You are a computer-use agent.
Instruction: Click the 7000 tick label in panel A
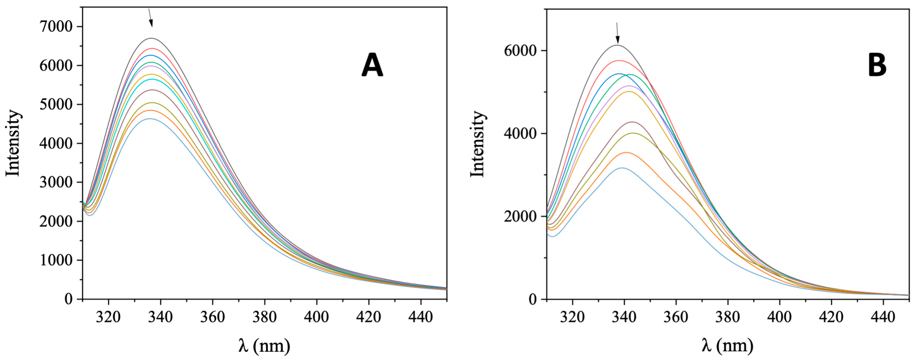(56, 27)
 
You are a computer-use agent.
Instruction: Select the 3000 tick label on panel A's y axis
(56, 182)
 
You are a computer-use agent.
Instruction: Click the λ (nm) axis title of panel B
(727, 345)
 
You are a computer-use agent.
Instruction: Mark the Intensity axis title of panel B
(477, 144)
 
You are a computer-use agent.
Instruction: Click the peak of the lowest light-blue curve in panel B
(622, 168)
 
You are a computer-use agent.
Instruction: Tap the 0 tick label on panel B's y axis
(532, 300)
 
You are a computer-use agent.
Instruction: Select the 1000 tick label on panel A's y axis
(56, 260)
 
